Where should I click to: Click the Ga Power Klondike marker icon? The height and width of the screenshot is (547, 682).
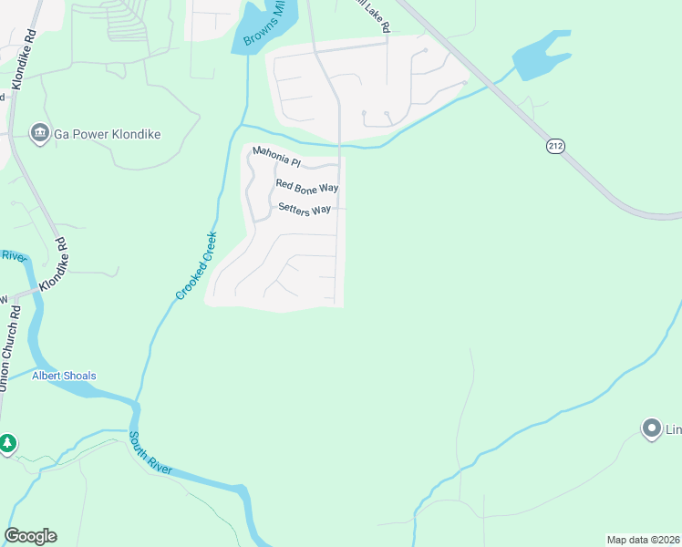[40, 134]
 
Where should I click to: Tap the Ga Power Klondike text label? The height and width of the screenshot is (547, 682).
[107, 134]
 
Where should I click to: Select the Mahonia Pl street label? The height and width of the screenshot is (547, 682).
[276, 157]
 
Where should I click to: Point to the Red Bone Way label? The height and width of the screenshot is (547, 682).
[307, 187]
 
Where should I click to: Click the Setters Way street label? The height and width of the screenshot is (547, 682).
[305, 210]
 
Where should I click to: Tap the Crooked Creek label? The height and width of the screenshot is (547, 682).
[197, 264]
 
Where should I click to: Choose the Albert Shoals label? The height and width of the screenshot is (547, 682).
[64, 376]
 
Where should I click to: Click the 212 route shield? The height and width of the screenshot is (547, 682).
[555, 146]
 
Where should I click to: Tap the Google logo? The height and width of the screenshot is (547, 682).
[30, 536]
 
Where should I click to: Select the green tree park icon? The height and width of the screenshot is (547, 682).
[7, 444]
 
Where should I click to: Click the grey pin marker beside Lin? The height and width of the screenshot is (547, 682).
[651, 428]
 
